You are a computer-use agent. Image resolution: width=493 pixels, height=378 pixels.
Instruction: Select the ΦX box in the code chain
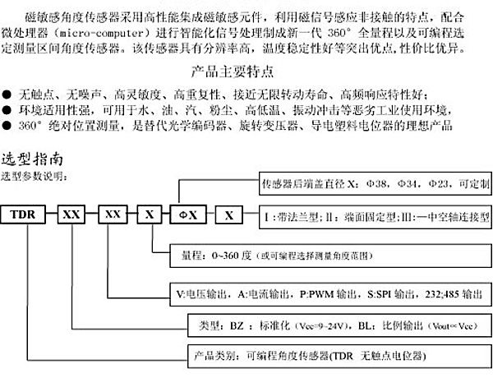[187, 215]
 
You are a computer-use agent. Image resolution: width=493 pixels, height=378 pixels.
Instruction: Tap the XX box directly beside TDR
[71, 215]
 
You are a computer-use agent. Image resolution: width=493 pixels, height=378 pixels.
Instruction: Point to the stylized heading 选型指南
[31, 159]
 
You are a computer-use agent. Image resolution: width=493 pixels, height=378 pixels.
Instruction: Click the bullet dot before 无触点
[7, 89]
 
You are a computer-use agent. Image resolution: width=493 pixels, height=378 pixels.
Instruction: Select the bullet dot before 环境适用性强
[7, 108]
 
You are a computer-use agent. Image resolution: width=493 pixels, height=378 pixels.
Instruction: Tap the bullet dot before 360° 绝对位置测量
[7, 126]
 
